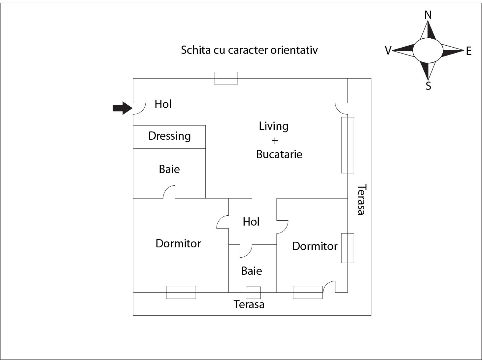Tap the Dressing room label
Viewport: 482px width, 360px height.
pos(169,136)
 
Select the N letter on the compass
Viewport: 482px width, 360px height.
pos(428,15)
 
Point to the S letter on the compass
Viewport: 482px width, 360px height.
pos(428,86)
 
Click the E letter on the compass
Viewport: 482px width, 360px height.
pos(468,51)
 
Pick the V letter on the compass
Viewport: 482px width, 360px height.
pos(388,51)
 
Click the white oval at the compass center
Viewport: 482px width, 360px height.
pos(428,50)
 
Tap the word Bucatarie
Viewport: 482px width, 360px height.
pos(279,154)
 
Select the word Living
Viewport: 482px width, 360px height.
pos(273,126)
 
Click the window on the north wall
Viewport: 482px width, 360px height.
pos(226,78)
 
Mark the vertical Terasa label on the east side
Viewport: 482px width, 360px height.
pos(361,199)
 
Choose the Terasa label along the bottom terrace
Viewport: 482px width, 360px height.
pos(249,304)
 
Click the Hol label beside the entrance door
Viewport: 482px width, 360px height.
pos(163,104)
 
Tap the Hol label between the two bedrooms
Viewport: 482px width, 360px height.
pos(251,222)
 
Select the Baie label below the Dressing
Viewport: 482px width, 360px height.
pos(169,169)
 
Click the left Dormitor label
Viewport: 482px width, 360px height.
pos(178,243)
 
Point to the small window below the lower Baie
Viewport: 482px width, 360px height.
pos(253,293)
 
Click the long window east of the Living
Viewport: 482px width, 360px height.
pos(347,145)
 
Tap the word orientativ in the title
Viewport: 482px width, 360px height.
pos(294,50)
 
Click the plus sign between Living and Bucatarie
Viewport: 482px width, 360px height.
pos(275,141)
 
